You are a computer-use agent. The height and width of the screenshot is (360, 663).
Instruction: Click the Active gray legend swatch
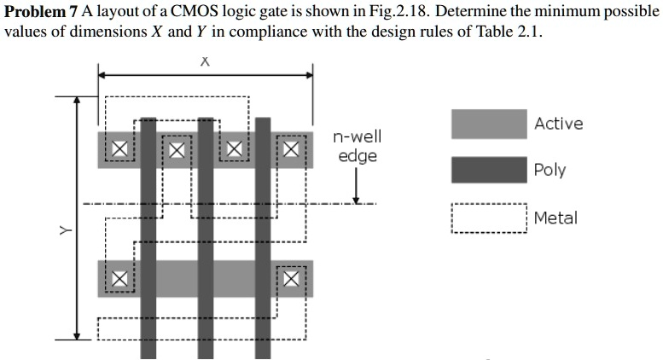coord(488,124)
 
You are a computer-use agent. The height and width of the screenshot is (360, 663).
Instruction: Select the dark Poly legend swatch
coord(488,170)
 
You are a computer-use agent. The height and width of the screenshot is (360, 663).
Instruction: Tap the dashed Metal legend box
coord(488,218)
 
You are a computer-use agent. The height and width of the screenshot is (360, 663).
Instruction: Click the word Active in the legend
coord(558,124)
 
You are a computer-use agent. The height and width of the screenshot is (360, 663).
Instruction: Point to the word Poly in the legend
coord(550,170)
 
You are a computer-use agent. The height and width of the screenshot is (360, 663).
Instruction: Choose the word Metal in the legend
coord(555,218)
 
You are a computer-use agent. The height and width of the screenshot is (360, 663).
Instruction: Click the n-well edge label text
coord(358,146)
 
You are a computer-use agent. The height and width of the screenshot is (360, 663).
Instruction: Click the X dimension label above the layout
coord(205,62)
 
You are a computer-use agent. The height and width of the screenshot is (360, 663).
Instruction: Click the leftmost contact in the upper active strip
coord(119,150)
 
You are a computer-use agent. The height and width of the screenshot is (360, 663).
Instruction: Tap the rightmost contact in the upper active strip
coord(291,150)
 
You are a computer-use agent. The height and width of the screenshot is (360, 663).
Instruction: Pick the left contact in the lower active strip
coord(119,278)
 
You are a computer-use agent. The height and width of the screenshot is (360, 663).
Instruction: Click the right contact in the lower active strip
coord(291,278)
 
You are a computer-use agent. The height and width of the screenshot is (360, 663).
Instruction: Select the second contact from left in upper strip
coord(176,150)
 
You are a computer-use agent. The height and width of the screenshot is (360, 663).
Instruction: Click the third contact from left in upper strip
coord(234,150)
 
